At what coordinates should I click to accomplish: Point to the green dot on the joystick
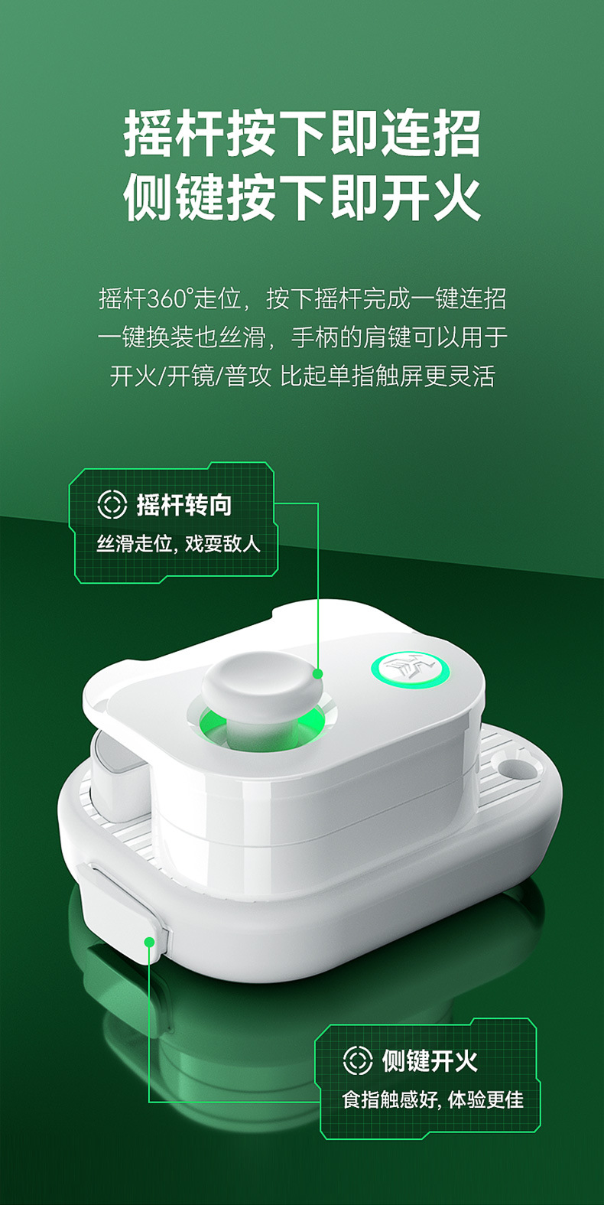317,673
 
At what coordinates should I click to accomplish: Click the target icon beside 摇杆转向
112,505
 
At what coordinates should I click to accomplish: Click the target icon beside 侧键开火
357,1060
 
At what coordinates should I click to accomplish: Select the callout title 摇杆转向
183,505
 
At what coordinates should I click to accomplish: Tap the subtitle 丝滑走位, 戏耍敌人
178,544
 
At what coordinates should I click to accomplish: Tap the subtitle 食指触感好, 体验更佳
433,1099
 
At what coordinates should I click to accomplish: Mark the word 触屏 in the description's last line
399,376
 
